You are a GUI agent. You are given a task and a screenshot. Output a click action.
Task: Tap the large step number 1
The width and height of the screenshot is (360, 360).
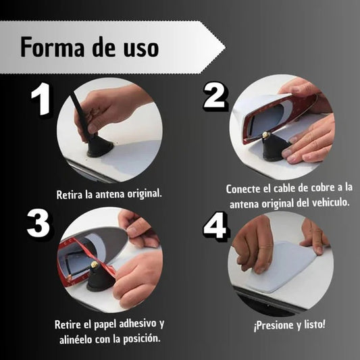click(x=41, y=99)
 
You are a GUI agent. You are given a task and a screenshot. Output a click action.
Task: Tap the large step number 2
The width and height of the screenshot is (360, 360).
click(x=215, y=95)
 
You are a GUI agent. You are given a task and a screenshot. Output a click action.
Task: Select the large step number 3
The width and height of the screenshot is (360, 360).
click(x=38, y=224)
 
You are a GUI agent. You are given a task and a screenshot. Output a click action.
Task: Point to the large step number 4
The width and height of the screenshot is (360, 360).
click(x=216, y=226)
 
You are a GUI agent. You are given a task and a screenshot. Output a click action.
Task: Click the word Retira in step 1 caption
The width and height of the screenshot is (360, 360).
click(x=69, y=195)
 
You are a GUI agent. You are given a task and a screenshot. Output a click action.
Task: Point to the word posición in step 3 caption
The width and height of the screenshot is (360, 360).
click(x=141, y=339)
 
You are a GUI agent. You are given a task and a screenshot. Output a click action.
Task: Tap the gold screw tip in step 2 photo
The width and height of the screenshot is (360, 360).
click(x=265, y=134)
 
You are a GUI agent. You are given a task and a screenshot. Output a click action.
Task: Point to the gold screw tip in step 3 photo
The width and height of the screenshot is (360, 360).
click(x=94, y=265)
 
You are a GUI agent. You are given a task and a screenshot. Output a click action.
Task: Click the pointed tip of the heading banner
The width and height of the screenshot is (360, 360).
click(x=225, y=47)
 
